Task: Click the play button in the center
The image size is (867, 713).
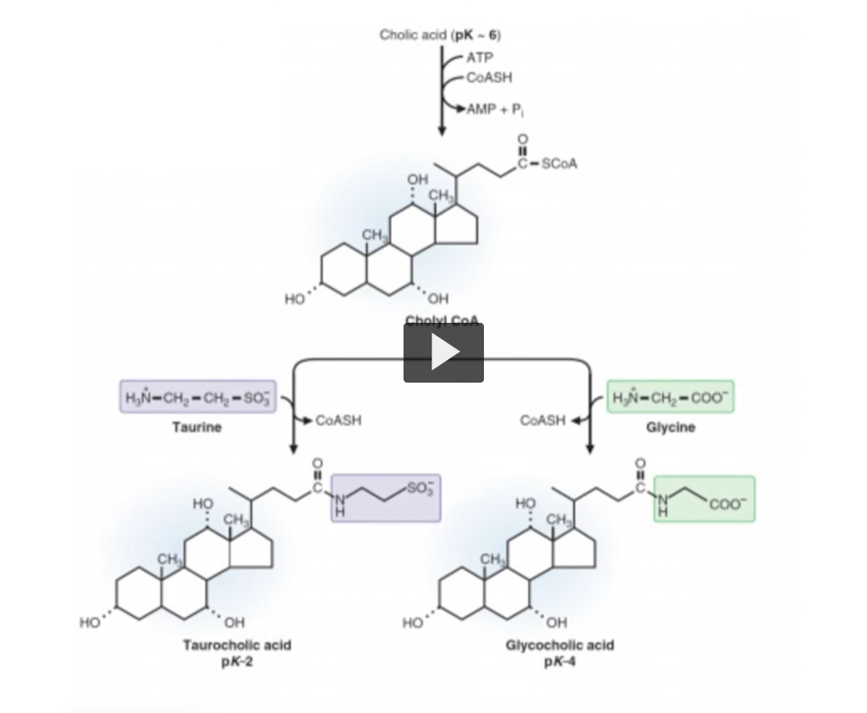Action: tap(443, 352)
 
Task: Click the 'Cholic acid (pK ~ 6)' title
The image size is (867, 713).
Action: tap(440, 35)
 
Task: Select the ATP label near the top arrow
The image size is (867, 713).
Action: tap(479, 58)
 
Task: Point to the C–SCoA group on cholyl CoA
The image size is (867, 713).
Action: tap(546, 163)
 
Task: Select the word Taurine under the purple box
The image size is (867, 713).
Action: tap(196, 427)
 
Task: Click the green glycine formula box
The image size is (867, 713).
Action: tap(671, 396)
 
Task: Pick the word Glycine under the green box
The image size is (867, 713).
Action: tap(671, 427)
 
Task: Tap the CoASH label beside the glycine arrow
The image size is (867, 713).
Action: tap(543, 421)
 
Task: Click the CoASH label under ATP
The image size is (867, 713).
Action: tap(489, 77)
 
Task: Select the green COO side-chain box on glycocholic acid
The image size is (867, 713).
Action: tap(704, 499)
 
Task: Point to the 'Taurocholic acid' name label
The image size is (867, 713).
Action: tap(237, 645)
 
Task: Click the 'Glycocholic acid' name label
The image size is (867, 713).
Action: tap(560, 645)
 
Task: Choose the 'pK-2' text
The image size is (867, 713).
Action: tap(237, 659)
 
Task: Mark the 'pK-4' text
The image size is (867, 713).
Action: tap(560, 659)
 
